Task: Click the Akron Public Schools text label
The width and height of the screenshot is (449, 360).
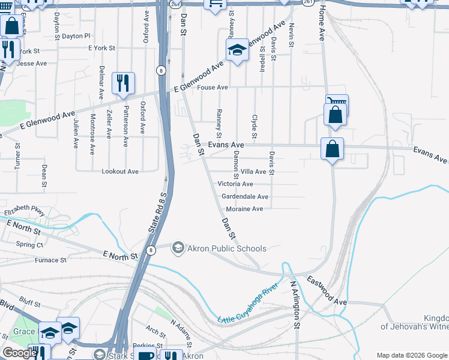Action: point(228,248)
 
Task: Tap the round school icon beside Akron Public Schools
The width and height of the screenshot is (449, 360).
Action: point(178,248)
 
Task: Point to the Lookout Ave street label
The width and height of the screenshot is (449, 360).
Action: point(120,172)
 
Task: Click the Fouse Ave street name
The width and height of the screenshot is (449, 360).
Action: point(213,88)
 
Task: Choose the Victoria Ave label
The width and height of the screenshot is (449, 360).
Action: point(235,184)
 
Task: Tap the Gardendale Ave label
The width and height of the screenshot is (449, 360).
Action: point(245,197)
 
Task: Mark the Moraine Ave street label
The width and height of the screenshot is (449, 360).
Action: point(244,209)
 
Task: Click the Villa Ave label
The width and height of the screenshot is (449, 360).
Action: point(253,172)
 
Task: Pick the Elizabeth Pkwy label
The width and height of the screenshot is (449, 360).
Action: point(25,212)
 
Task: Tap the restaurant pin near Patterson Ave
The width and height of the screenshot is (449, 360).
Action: point(123,83)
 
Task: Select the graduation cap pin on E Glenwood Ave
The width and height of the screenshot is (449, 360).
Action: point(237,50)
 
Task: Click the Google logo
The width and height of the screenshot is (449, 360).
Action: point(19,353)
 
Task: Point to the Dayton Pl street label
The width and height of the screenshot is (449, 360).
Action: point(76,36)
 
